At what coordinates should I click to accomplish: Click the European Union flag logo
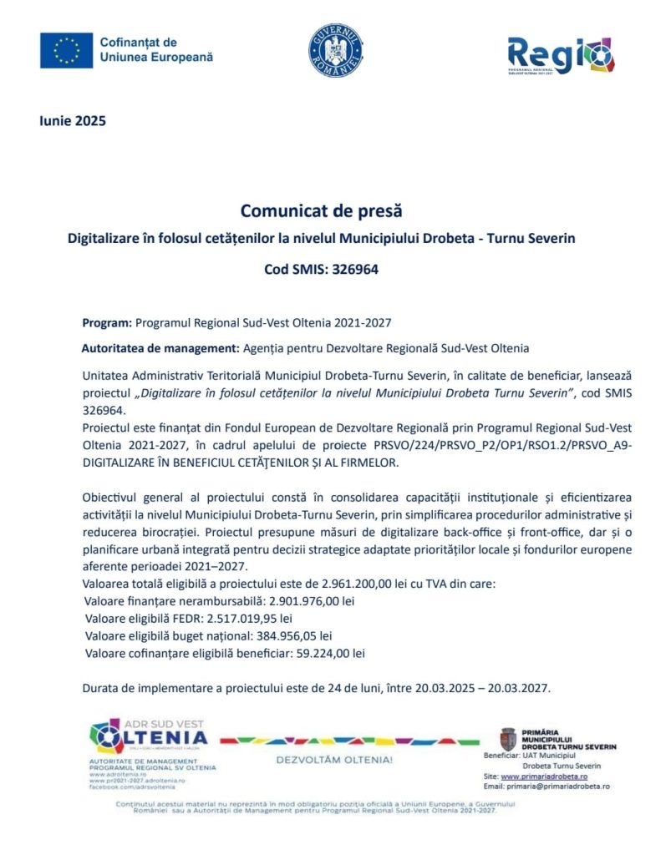point(66,50)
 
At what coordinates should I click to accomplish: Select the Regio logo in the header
point(561,55)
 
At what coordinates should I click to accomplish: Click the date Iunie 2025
point(73,121)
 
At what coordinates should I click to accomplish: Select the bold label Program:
point(107,321)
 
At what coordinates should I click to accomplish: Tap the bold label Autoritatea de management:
point(160,347)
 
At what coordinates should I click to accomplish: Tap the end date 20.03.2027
point(521,689)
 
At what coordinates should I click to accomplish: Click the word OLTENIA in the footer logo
point(165,738)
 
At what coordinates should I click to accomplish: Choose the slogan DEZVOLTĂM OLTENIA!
point(333,761)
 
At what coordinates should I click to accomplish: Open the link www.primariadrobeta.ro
point(544,776)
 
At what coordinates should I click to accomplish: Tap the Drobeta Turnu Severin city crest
point(507,739)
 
